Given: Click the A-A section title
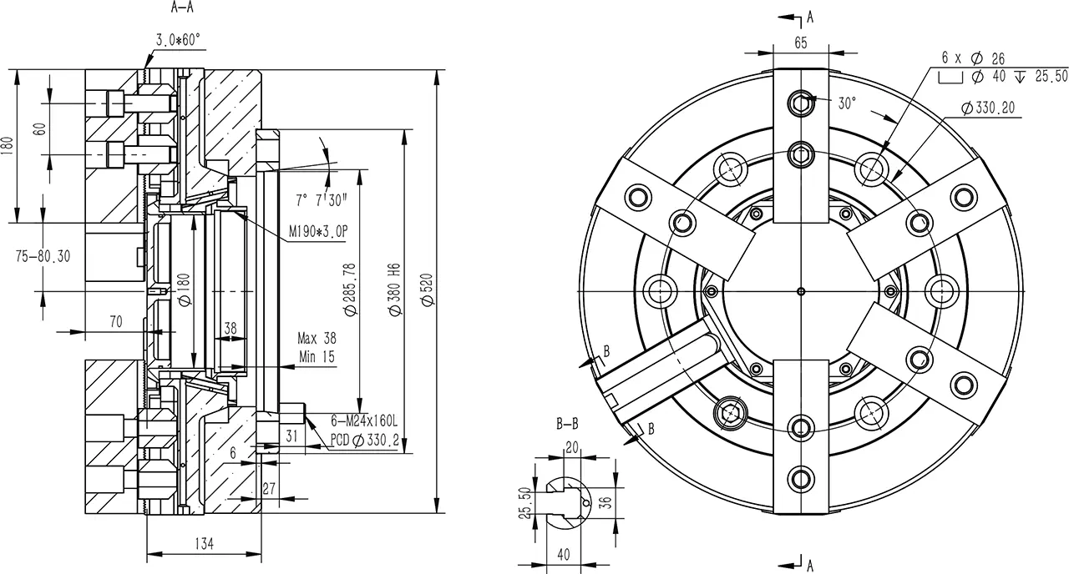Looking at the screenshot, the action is pos(182,8).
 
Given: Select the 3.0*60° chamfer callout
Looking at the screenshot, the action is pos(179,40).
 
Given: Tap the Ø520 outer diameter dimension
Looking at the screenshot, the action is pos(428,290).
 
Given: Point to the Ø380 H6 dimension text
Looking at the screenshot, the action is pos(395,289).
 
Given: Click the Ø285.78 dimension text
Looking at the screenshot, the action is pos(350,289).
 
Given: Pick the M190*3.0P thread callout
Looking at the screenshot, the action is pos(318,232).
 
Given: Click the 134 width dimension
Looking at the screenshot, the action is pos(205,543).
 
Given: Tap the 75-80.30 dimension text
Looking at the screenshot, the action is pos(43,256).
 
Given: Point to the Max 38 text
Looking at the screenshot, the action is pos(317,339).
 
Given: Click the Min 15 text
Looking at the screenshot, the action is pos(317,356).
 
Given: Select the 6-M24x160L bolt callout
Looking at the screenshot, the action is pos(364,421).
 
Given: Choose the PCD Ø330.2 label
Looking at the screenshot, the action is pos(365,440).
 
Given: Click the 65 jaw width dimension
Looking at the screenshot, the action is pos(801,43).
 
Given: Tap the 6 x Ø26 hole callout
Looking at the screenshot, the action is pos(973,58).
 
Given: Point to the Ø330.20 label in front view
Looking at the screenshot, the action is pos(988,108).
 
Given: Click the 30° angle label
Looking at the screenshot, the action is pos(847,103).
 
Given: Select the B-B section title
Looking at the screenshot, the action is pos(567,423).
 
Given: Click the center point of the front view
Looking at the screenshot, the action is pos(801,291).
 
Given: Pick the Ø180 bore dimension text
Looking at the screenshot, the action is pos(185,290).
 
